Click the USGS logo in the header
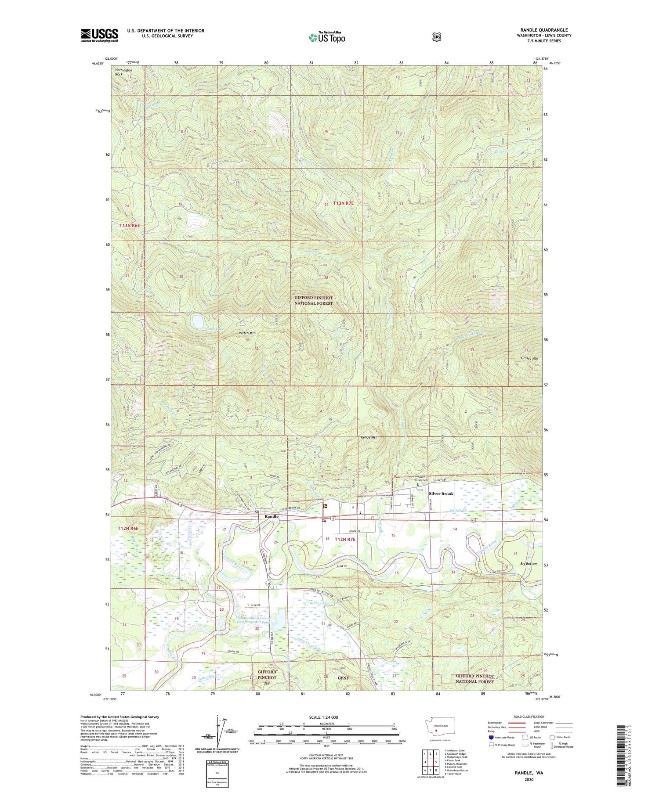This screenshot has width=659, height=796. (99, 35)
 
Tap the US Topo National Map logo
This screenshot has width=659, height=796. (327, 37)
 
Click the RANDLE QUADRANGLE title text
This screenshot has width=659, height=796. (544, 30)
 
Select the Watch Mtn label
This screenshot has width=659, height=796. (247, 333)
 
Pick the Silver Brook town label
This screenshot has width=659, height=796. (441, 493)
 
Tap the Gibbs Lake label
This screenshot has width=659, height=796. (319, 603)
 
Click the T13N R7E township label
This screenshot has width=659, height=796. (343, 203)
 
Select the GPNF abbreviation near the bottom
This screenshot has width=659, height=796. (343, 678)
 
